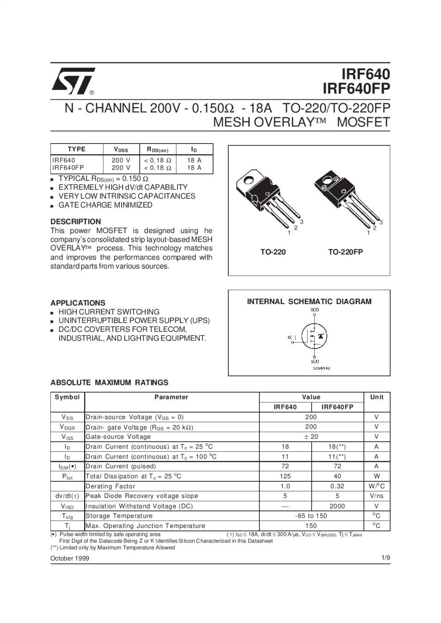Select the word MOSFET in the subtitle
coord(364,123)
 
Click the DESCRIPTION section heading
coord(75,222)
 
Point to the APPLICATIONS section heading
coord(78,303)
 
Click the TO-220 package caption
coord(273,252)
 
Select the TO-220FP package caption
coord(345,252)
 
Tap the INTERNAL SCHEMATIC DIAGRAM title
coord(309,302)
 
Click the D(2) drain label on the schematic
coord(314,310)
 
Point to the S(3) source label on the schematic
coord(314,361)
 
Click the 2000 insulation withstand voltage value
coord(337,506)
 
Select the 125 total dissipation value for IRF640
coord(285,476)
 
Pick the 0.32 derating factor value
coord(337,486)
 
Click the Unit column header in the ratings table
coord(377,397)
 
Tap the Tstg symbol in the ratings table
coord(67,516)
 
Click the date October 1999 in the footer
coord(70,558)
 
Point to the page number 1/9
coord(386,558)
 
